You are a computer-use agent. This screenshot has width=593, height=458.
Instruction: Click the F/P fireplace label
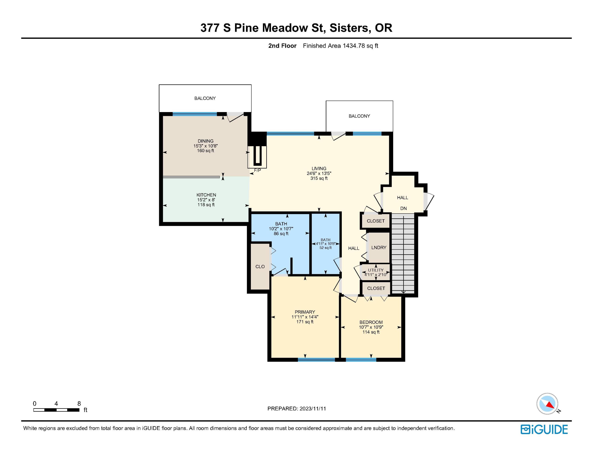coord(257,170)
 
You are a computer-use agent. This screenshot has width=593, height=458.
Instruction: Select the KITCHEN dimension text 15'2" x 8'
coord(206,200)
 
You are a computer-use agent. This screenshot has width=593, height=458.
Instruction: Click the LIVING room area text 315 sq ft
coord(319,178)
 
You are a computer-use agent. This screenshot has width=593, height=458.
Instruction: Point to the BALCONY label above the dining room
coord(205,98)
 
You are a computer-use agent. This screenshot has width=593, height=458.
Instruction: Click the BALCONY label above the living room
coord(359,116)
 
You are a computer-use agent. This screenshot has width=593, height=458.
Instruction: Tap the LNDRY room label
coord(379,247)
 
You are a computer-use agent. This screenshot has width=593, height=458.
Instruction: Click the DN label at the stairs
coord(403,208)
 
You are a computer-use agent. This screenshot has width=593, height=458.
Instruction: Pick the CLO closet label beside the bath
coord(260,267)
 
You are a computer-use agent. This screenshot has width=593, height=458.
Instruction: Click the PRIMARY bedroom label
coord(305,312)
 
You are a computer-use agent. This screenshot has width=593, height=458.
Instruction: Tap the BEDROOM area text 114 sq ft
coord(371,332)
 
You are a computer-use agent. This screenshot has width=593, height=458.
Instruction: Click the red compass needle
coord(550,405)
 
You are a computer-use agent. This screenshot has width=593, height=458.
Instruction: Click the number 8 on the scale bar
coord(79,403)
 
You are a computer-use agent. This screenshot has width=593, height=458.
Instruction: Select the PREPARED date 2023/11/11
coord(313,409)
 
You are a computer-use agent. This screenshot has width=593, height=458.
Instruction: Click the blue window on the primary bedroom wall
coord(316,360)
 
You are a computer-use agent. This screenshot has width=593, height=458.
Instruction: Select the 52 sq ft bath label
coord(325,248)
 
